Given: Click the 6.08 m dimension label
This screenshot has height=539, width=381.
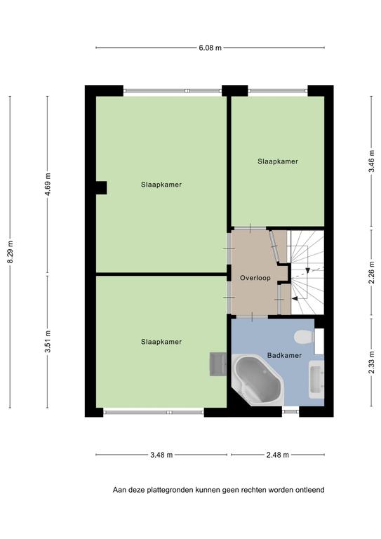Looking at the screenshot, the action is point(210,48).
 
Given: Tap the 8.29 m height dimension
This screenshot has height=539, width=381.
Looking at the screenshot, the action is point(11,253).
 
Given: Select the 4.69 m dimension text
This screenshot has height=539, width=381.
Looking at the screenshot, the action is point(48,185).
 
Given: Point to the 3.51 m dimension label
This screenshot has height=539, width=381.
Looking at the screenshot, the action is point(48,341).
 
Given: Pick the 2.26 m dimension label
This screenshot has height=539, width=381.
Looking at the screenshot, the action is point(371,272).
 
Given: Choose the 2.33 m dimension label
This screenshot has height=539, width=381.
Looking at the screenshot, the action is point(371,363).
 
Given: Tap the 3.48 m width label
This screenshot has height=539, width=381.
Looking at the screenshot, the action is point(161,455).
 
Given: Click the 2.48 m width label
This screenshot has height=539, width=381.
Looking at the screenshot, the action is point(278,455).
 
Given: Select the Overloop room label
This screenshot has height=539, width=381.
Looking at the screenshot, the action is point(255,278).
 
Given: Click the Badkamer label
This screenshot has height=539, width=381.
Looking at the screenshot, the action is point(284,355).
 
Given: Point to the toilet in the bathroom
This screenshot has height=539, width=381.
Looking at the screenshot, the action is point(304,337).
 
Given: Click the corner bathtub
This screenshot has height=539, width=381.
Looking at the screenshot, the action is point(258,380).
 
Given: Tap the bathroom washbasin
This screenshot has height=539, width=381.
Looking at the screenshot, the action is point(316,380).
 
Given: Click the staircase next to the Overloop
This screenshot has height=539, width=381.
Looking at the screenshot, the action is point(307,272).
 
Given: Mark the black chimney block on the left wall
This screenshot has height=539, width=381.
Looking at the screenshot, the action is point(101,187).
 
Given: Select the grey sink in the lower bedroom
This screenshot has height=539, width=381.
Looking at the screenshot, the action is point(218,364).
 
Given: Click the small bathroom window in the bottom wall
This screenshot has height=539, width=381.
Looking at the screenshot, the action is point(290,411).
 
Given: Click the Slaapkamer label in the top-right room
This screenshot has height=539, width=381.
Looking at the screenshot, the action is point(278,161).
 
